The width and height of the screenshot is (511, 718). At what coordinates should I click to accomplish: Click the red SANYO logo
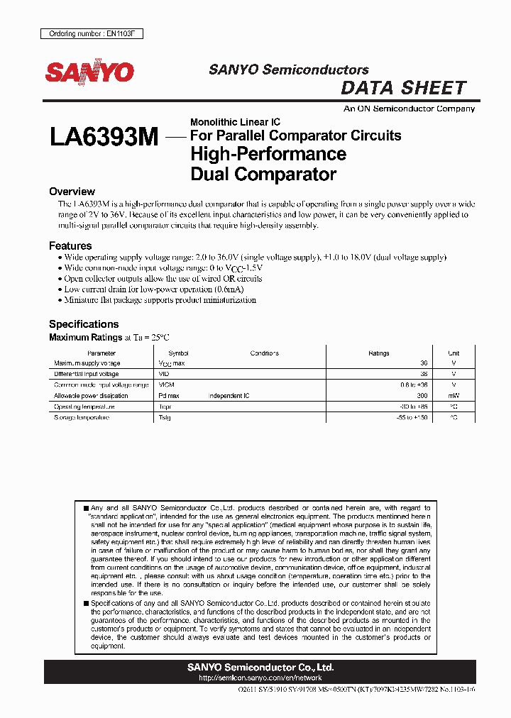(x=90, y=72)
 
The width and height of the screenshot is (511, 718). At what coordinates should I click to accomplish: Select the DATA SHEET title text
(x=403, y=88)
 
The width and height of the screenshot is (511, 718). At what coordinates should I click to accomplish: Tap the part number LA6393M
(x=104, y=137)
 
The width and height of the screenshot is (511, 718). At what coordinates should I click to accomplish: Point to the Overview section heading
(x=72, y=192)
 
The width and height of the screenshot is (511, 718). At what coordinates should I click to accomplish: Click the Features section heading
(x=70, y=245)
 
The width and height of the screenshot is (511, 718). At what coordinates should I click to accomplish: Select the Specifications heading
(x=84, y=324)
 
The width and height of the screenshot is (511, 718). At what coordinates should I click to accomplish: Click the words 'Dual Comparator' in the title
(x=263, y=174)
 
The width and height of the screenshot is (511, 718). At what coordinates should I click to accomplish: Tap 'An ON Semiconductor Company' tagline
(x=409, y=109)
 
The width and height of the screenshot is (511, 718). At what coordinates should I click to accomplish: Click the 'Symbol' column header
(x=178, y=353)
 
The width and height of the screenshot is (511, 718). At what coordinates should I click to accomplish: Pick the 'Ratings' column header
(x=378, y=353)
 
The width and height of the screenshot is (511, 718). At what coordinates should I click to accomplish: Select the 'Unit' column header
(x=454, y=353)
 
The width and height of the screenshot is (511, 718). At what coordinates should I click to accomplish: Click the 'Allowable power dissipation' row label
(x=92, y=396)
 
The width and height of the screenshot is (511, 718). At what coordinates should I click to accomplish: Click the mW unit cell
(x=454, y=396)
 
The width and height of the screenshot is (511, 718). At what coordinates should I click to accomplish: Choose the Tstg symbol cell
(x=165, y=418)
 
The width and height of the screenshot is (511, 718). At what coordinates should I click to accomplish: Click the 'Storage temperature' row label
(x=82, y=418)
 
